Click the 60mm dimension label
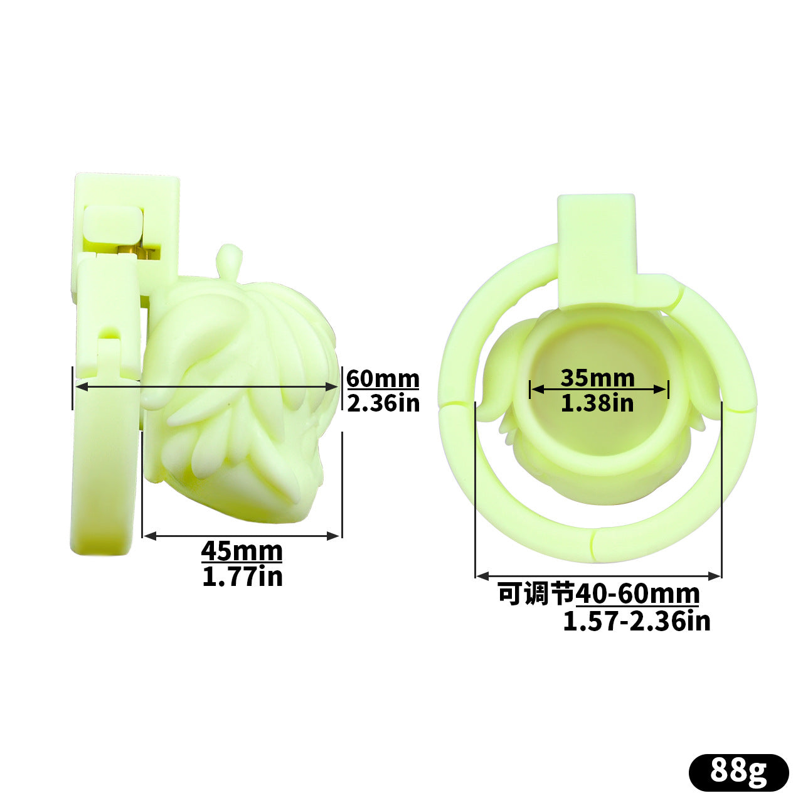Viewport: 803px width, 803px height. tap(383, 379)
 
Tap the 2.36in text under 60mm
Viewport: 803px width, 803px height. tap(383, 403)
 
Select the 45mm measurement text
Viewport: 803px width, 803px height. tap(242, 551)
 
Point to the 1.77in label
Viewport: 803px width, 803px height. tap(242, 577)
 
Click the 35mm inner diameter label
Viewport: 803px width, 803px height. tap(598, 378)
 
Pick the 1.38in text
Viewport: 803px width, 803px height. tap(598, 403)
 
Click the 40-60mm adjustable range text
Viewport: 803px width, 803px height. tap(637, 594)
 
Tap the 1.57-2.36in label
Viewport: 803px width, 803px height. tap(637, 621)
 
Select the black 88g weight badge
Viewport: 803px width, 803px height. tap(738, 772)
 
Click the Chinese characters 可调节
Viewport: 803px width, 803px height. tap(537, 594)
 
